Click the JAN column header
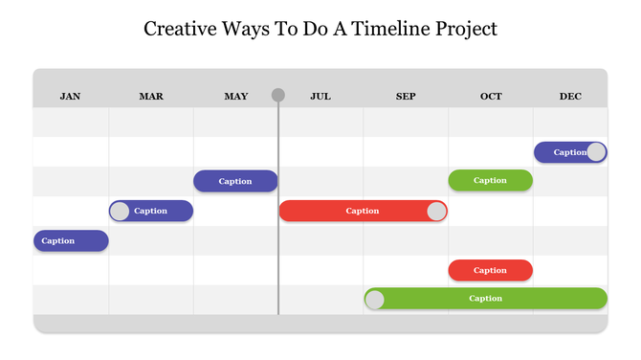coord(70,96)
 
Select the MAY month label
coord(235,96)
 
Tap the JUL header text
coord(320,96)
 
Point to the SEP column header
coord(406,96)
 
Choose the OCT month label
coord(491,96)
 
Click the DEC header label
coord(570,96)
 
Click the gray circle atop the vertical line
coord(278,95)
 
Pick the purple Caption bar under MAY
coord(235,181)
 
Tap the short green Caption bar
coord(491,180)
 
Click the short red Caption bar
coord(491,270)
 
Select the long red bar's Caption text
coord(363,211)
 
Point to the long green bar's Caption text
coord(486,299)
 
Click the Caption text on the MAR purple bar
coord(151,211)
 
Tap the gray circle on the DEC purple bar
coord(596,151)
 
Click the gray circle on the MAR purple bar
coord(120,211)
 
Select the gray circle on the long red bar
coord(436,211)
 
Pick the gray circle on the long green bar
coord(375,300)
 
